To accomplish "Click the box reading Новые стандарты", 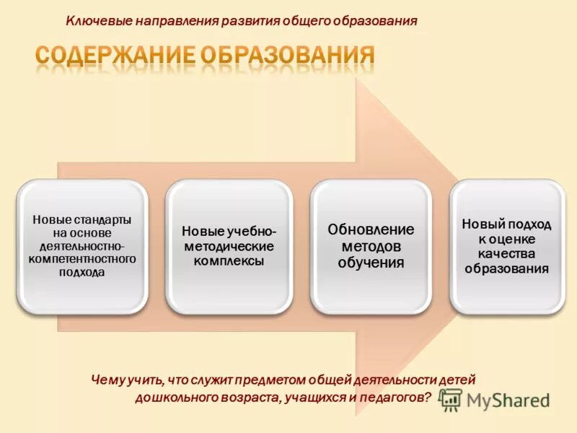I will coord(82,245).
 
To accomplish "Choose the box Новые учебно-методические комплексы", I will coord(229,245).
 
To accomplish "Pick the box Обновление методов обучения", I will coord(371,245).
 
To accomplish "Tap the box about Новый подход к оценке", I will coord(507,245).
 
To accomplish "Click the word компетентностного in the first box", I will coord(82,258).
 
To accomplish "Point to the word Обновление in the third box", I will coord(371,229).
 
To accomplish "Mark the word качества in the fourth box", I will coord(507,254).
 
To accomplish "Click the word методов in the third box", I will coord(371,246).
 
